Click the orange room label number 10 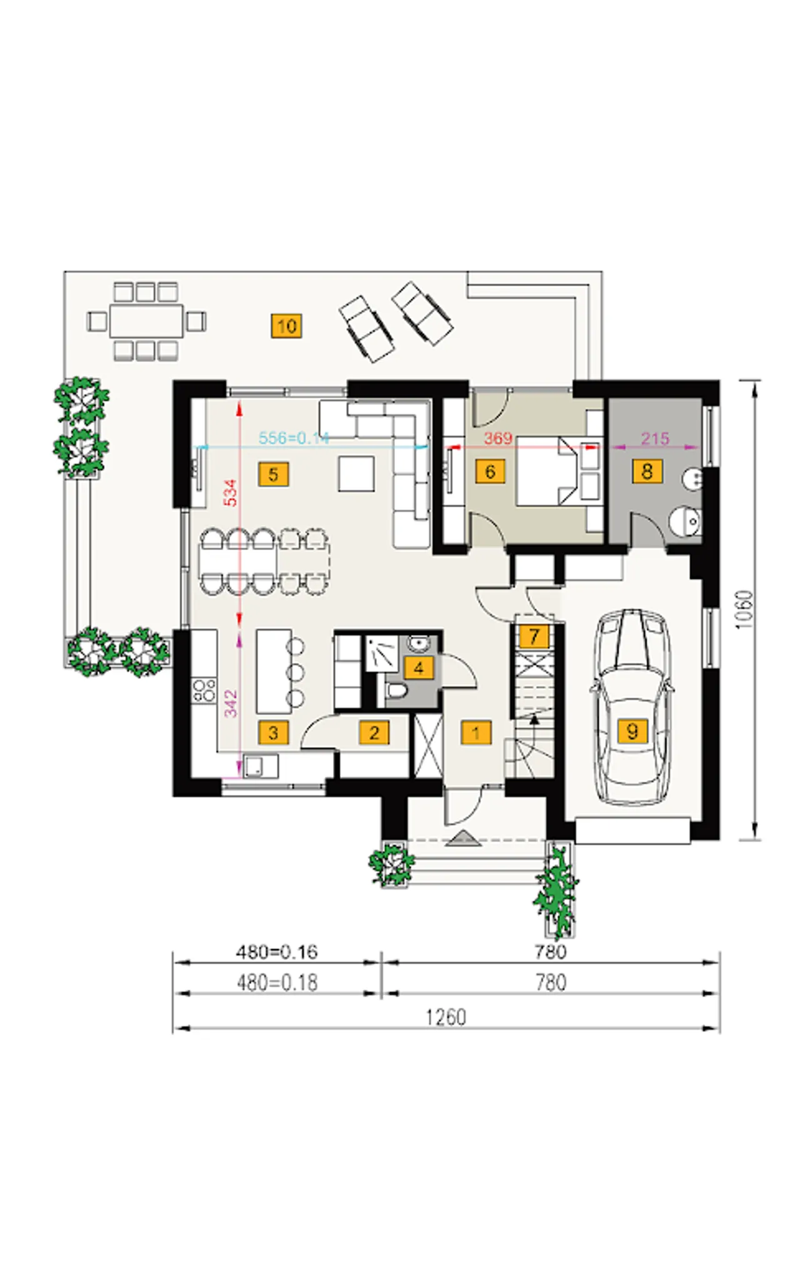286,326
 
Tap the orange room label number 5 273,474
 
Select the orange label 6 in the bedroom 490,471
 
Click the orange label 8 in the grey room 647,471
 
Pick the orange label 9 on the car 632,731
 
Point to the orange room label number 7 534,636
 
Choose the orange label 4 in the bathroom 419,668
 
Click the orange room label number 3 273,733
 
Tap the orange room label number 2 374,733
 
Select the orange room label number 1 476,733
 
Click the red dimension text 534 231,493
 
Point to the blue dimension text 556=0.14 294,438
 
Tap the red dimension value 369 498,438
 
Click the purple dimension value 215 655,438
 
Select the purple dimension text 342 231,703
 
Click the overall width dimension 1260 446,1018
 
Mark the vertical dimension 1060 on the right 744,609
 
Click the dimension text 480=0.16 276,952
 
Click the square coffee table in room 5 356,473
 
